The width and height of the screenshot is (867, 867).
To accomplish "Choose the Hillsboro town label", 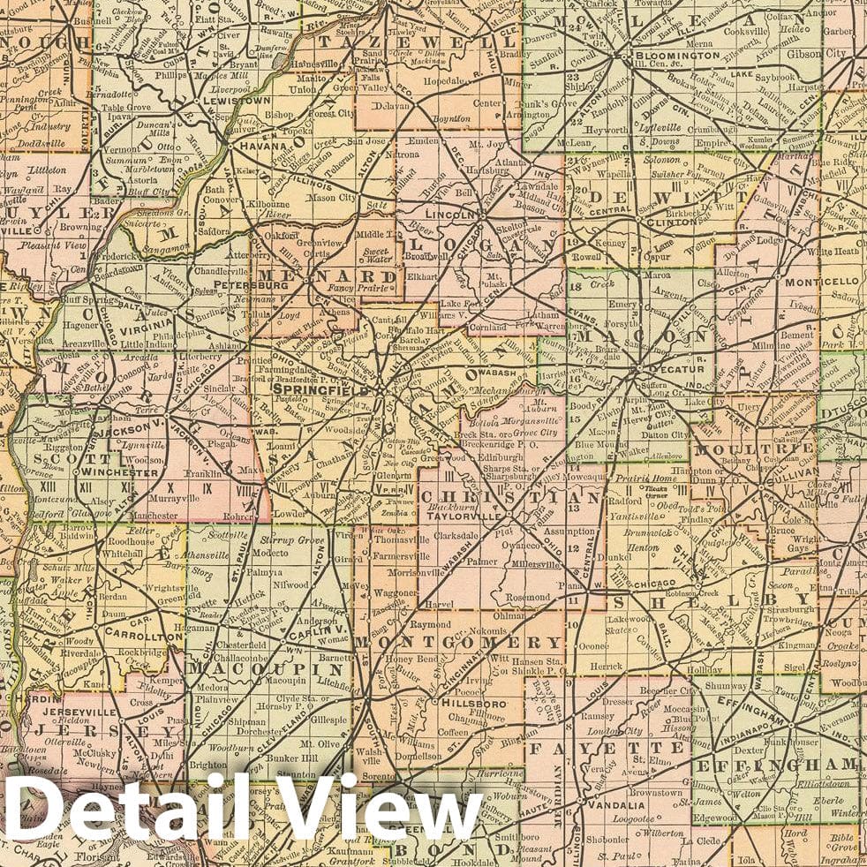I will pyautogui.click(x=468, y=704).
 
